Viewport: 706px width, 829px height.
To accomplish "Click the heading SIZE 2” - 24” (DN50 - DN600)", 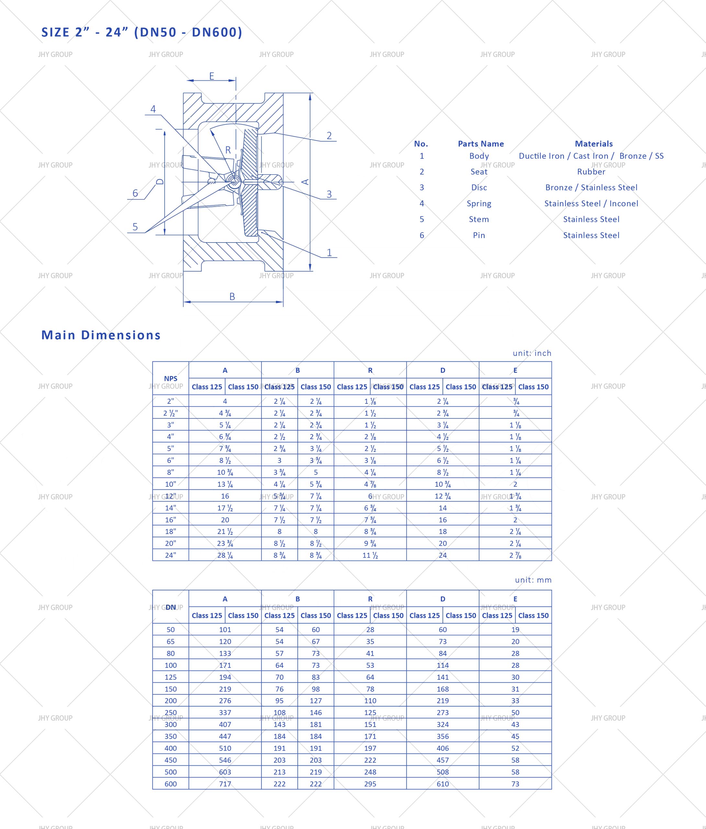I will pyautogui.click(x=141, y=32).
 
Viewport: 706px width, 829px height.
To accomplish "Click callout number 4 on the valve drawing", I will pyautogui.click(x=153, y=109).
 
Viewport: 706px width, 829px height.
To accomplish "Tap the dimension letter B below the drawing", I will pyautogui.click(x=232, y=297).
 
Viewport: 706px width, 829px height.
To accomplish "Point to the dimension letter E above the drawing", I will pyautogui.click(x=212, y=76).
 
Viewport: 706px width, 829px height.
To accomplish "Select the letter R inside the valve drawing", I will pyautogui.click(x=228, y=150).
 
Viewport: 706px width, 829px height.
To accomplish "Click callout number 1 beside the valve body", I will pyautogui.click(x=329, y=253).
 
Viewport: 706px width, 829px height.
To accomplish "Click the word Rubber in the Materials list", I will pyautogui.click(x=591, y=172).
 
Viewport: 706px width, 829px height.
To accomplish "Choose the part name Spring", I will pyautogui.click(x=479, y=203).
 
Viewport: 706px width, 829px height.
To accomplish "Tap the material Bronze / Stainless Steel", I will pyautogui.click(x=591, y=187).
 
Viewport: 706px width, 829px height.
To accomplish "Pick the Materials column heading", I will pyautogui.click(x=594, y=144).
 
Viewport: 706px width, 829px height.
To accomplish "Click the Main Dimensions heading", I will pyautogui.click(x=101, y=335).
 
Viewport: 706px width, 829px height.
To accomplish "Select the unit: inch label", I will pyautogui.click(x=532, y=353).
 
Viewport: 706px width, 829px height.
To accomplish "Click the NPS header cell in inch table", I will pyautogui.click(x=170, y=378).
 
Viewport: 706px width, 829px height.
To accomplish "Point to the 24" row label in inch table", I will pyautogui.click(x=170, y=555).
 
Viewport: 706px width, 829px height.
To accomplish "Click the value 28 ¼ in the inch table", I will pyautogui.click(x=225, y=555).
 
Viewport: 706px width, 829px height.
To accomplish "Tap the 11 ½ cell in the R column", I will pyautogui.click(x=370, y=555).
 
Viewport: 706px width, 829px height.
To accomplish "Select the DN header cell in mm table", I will pyautogui.click(x=170, y=607).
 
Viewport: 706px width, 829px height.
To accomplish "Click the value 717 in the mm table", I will pyautogui.click(x=225, y=784).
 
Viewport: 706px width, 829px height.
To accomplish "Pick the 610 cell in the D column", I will pyautogui.click(x=443, y=784).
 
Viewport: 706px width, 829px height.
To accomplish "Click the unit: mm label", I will pyautogui.click(x=533, y=580).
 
